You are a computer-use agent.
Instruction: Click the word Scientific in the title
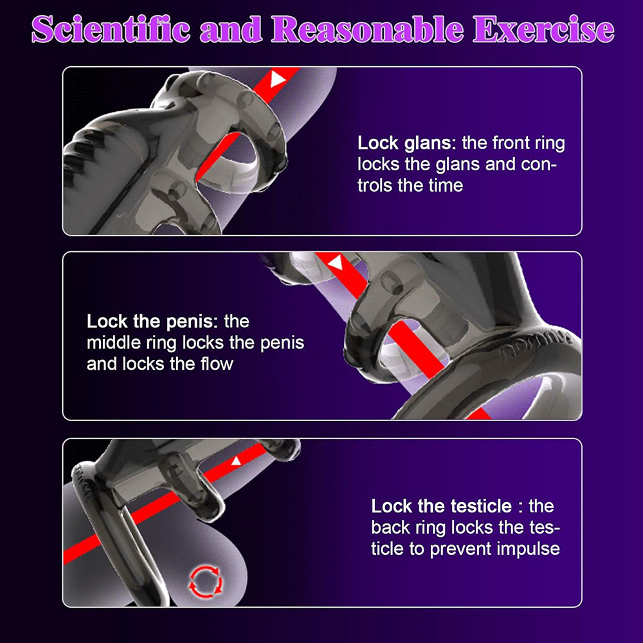111,29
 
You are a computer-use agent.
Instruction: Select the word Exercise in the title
544,29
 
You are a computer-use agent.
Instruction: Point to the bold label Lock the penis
152,321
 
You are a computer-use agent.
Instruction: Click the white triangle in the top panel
277,79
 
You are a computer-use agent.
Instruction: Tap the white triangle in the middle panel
336,262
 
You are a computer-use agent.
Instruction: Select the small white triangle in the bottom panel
236,461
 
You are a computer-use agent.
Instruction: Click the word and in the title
231,29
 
